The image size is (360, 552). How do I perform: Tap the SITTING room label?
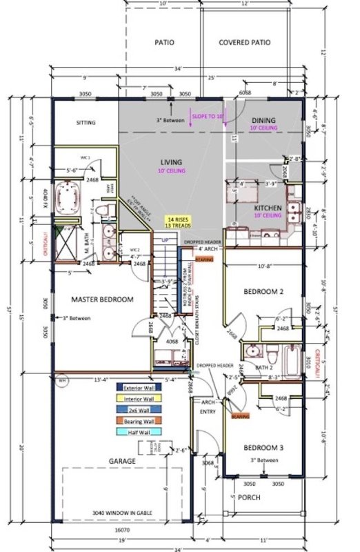[x=86, y=123]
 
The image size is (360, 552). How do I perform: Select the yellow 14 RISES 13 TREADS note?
[x=179, y=221]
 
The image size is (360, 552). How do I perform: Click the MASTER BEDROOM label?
[x=101, y=299]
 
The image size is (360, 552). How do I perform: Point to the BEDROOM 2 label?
[x=263, y=292]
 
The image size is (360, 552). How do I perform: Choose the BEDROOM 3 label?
[x=263, y=446]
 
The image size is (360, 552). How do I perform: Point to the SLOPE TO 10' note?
[x=208, y=117]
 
